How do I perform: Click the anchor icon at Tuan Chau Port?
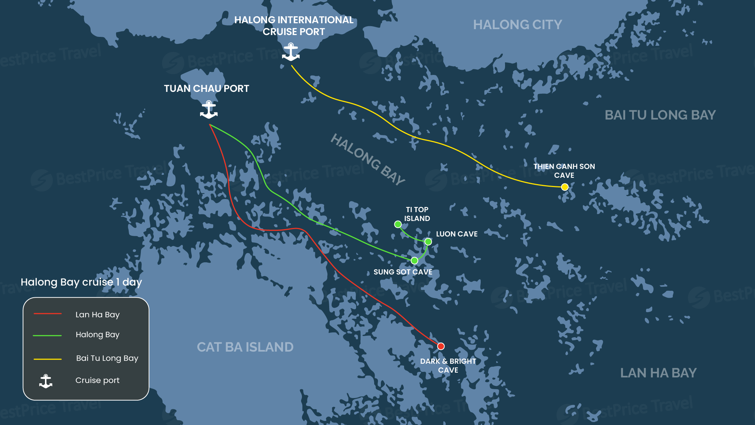click(209, 110)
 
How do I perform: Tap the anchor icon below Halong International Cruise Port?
click(291, 52)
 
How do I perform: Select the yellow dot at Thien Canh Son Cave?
click(564, 187)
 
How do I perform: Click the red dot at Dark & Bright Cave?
click(441, 346)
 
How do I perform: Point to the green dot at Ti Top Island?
click(398, 224)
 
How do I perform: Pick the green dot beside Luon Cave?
click(428, 242)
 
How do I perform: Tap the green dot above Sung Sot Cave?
click(414, 260)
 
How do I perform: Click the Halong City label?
click(517, 25)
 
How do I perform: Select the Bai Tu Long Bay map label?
click(660, 115)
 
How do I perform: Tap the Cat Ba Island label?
click(245, 347)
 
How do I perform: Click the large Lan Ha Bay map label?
click(658, 373)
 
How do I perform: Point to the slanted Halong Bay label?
click(368, 159)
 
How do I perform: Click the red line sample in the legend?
click(48, 314)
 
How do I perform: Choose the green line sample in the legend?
click(47, 335)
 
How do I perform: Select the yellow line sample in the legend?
click(48, 359)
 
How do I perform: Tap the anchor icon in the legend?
click(46, 381)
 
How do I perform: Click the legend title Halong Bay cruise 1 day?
click(81, 282)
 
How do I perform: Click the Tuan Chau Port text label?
click(206, 89)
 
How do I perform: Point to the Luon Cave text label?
click(456, 234)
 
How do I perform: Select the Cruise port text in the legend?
click(97, 380)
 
